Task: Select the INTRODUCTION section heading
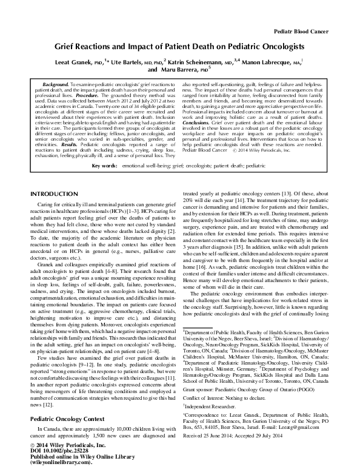pos(57,193)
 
